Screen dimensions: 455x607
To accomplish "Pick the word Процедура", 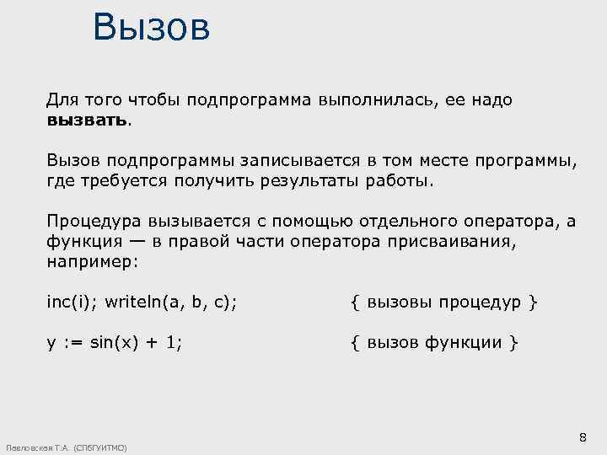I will pos(94,222).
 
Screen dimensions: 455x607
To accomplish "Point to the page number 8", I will pos(582,436).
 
